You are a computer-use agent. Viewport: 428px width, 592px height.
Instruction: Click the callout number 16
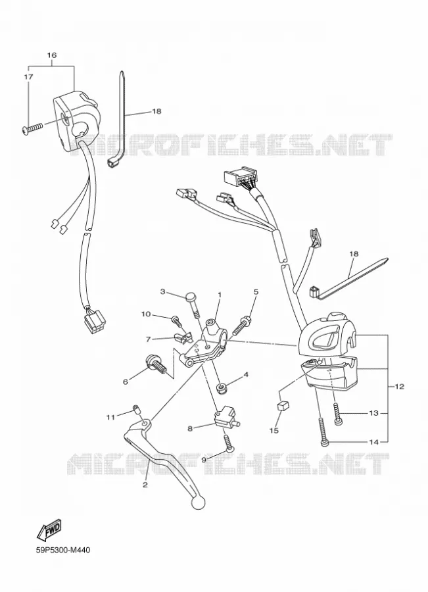[52, 55]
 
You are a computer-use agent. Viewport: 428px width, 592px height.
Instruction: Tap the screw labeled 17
[32, 129]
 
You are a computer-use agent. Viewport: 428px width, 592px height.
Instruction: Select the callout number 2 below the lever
[145, 485]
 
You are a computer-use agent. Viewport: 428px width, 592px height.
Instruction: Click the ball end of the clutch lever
[199, 503]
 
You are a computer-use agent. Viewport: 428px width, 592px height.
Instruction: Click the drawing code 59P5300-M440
[63, 550]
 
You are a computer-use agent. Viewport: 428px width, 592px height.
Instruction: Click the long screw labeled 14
[323, 431]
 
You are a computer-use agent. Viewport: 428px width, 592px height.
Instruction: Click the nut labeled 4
[221, 387]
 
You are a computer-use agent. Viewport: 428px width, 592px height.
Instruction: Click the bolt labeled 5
[241, 326]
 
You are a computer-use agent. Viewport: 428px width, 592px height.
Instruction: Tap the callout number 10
[146, 314]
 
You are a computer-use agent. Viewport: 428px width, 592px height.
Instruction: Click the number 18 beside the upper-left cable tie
[156, 111]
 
